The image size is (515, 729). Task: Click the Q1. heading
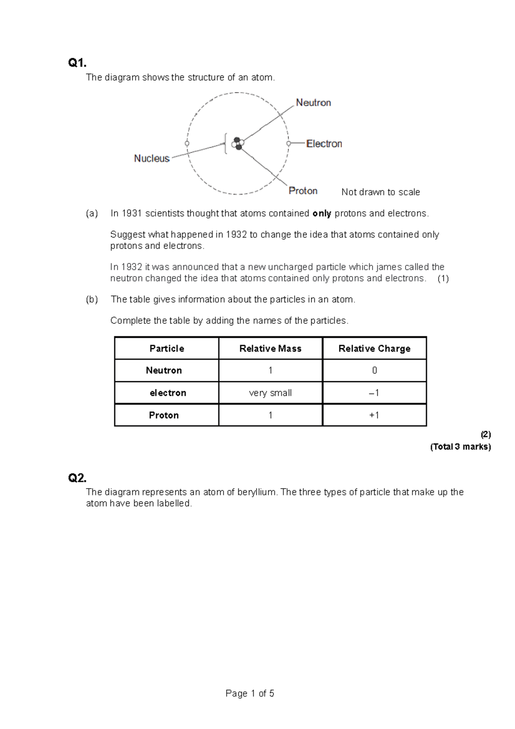click(77, 63)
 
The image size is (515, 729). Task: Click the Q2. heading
click(77, 478)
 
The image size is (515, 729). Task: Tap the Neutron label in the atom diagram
click(313, 103)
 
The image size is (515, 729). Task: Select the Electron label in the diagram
click(324, 144)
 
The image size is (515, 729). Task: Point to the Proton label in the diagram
click(303, 191)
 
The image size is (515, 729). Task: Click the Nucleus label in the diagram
click(151, 158)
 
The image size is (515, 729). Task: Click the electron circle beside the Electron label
click(289, 143)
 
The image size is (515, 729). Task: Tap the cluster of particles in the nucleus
click(237, 143)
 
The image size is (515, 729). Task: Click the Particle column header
click(167, 349)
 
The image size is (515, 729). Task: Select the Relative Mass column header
click(270, 349)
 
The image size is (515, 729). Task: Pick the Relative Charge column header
click(374, 349)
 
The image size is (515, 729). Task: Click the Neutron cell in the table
click(164, 371)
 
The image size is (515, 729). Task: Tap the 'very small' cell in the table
click(270, 393)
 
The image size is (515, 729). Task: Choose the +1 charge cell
click(374, 415)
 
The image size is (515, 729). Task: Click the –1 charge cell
click(374, 393)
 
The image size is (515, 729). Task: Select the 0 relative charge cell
click(374, 371)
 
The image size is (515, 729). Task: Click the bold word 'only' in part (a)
click(322, 214)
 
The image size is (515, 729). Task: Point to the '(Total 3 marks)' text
click(460, 447)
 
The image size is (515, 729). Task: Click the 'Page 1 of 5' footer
click(250, 693)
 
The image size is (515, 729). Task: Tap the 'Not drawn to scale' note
click(381, 192)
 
